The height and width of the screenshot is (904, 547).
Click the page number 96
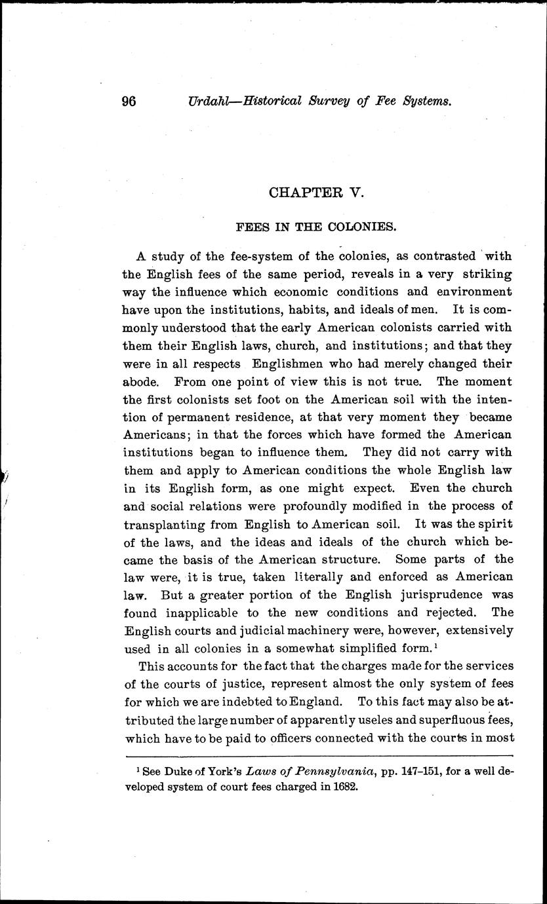(x=129, y=102)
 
